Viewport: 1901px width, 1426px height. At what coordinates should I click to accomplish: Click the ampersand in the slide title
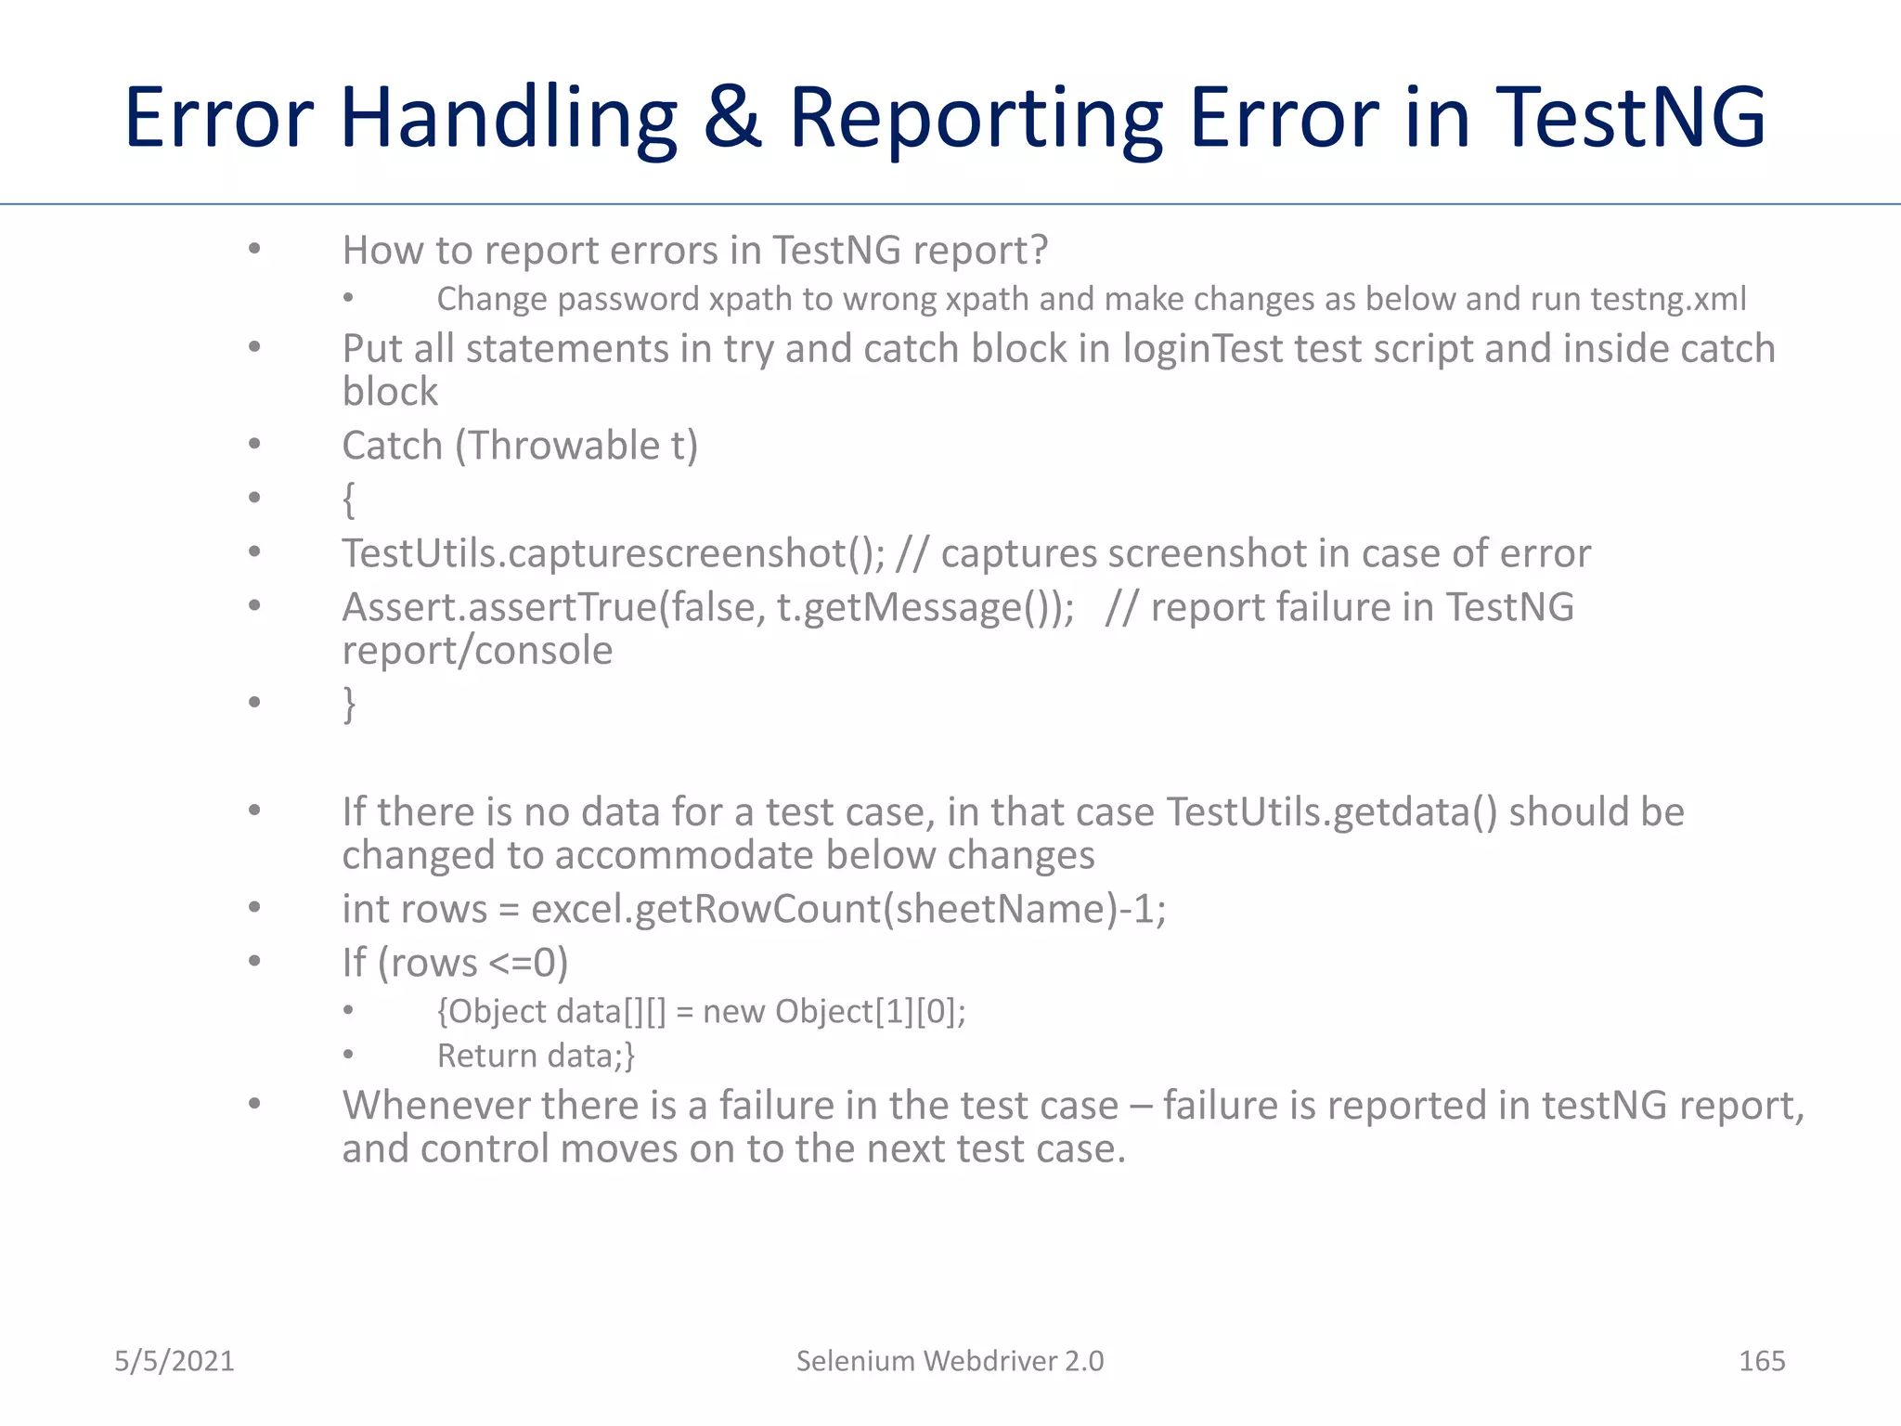click(732, 119)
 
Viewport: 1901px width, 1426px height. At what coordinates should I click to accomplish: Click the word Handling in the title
click(509, 119)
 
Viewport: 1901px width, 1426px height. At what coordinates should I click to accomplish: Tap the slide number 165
click(1761, 1361)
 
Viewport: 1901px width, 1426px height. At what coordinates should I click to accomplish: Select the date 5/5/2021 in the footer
click(175, 1361)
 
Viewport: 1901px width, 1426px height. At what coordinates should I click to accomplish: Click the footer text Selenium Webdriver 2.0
click(950, 1361)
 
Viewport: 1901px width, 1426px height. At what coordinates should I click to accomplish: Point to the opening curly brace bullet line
click(349, 499)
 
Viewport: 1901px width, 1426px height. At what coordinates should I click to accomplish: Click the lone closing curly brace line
click(349, 704)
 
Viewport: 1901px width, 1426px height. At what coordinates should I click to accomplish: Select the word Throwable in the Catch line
click(563, 446)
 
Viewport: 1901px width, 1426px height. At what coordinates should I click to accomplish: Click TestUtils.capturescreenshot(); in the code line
click(614, 553)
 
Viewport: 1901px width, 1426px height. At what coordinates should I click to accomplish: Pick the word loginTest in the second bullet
click(1203, 349)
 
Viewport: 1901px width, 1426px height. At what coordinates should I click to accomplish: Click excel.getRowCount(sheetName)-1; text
click(847, 909)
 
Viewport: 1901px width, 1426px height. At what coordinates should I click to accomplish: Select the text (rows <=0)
click(472, 963)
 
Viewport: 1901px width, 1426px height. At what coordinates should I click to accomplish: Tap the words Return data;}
click(536, 1056)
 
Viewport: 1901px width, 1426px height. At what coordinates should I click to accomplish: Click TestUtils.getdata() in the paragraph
click(1331, 812)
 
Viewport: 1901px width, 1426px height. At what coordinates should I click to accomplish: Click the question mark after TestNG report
click(1039, 251)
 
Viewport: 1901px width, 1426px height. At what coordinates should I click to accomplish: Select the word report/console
click(477, 650)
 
